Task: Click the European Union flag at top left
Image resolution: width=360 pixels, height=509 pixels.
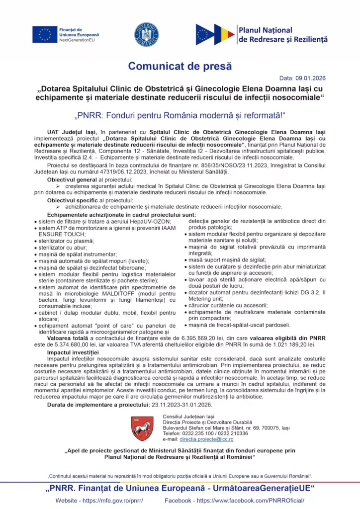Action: coord(45,34)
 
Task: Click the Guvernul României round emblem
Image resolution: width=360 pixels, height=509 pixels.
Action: coord(146,34)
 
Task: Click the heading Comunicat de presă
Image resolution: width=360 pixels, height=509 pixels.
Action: coord(180,66)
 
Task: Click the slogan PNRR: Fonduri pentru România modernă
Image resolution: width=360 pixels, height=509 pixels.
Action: coord(180,116)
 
